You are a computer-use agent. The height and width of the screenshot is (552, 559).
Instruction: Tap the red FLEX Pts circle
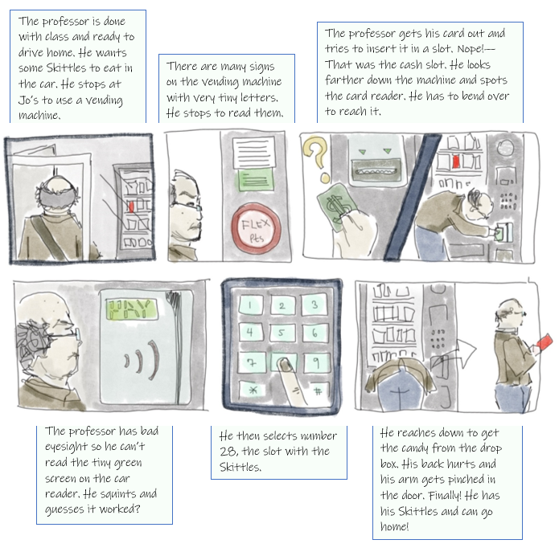click(x=256, y=229)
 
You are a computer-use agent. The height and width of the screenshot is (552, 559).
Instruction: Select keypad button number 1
click(x=250, y=305)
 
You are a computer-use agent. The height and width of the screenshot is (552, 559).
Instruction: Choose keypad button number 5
click(x=282, y=333)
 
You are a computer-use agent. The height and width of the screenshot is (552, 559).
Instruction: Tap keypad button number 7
click(x=252, y=362)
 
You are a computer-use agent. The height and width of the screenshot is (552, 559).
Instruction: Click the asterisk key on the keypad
click(x=253, y=390)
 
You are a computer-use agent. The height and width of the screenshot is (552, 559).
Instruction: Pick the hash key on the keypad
click(x=318, y=392)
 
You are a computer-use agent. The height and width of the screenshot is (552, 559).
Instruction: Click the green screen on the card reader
click(x=132, y=309)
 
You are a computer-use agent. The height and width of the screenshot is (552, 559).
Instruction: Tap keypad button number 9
click(x=316, y=362)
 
